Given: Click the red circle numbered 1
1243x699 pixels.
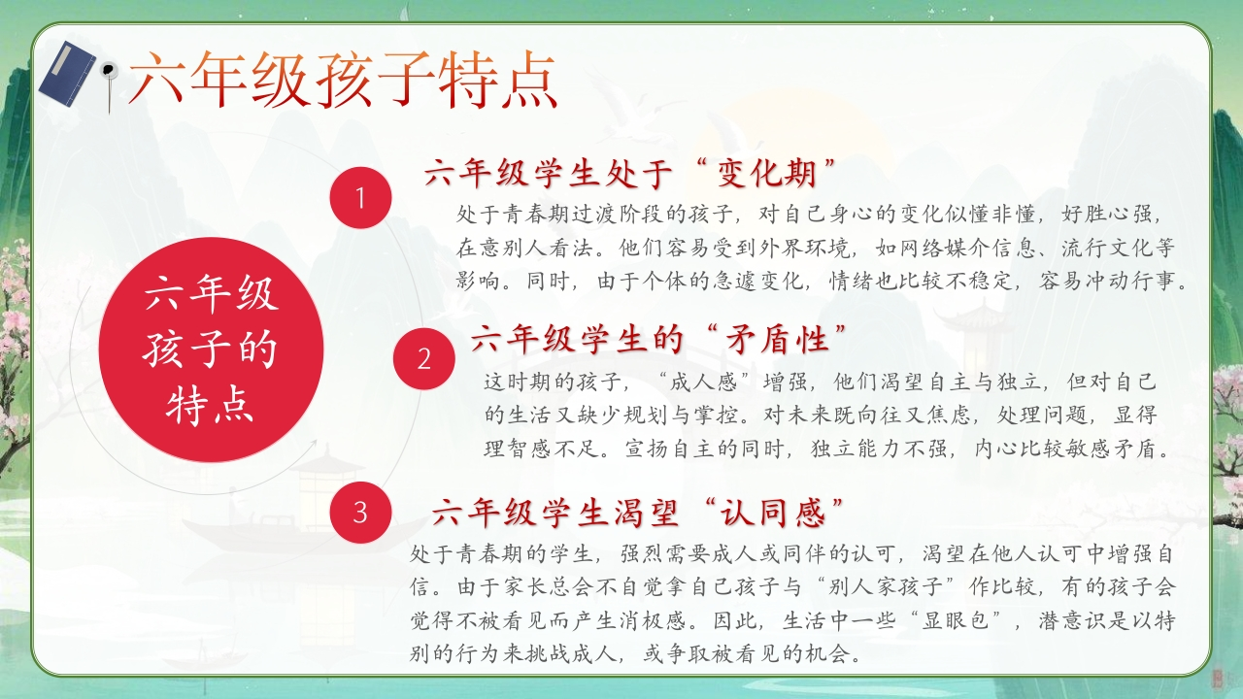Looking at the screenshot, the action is click(360, 197).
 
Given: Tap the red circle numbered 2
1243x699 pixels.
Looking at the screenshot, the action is click(424, 358).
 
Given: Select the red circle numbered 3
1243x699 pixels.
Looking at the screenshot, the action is click(360, 512).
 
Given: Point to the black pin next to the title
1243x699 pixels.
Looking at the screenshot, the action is click(109, 83).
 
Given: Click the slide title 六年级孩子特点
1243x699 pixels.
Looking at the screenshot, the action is click(343, 80).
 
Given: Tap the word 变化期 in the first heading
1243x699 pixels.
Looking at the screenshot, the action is click(767, 173).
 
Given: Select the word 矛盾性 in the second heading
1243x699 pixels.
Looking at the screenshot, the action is click(778, 339).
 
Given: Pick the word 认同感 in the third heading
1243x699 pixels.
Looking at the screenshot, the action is click(772, 512).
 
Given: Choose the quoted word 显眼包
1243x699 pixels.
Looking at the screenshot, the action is click(957, 620).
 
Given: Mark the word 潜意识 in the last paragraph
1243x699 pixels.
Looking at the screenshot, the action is click(1072, 620).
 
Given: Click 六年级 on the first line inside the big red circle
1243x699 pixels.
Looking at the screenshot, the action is click(212, 294).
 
